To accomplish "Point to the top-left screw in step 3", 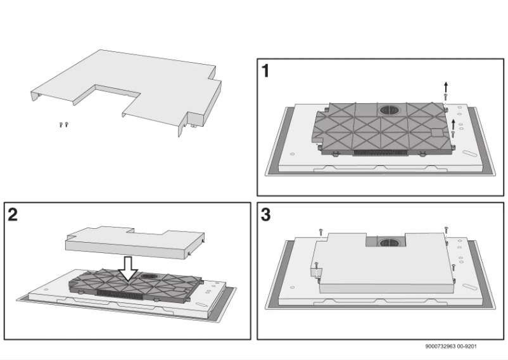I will [322, 233].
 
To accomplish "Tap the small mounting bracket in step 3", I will [315, 272].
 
